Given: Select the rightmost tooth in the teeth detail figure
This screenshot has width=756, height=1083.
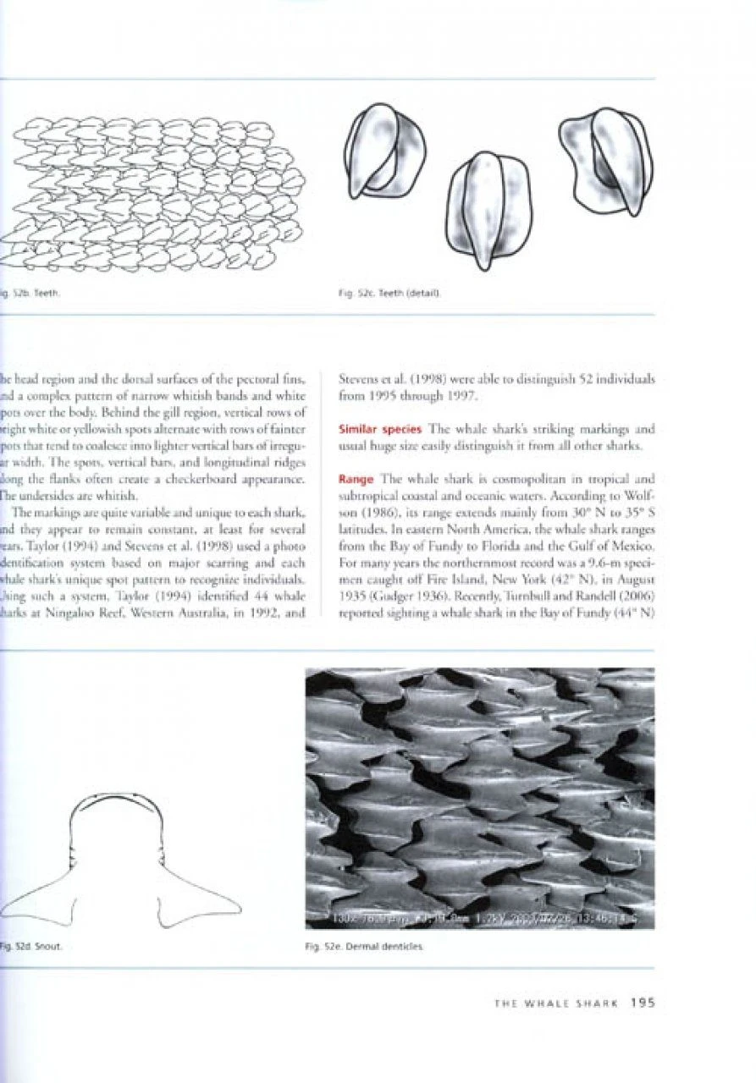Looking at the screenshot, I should [x=607, y=161].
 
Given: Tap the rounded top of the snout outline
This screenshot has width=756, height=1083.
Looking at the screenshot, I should [x=121, y=797].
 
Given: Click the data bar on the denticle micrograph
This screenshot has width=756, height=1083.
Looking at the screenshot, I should [x=479, y=921].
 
